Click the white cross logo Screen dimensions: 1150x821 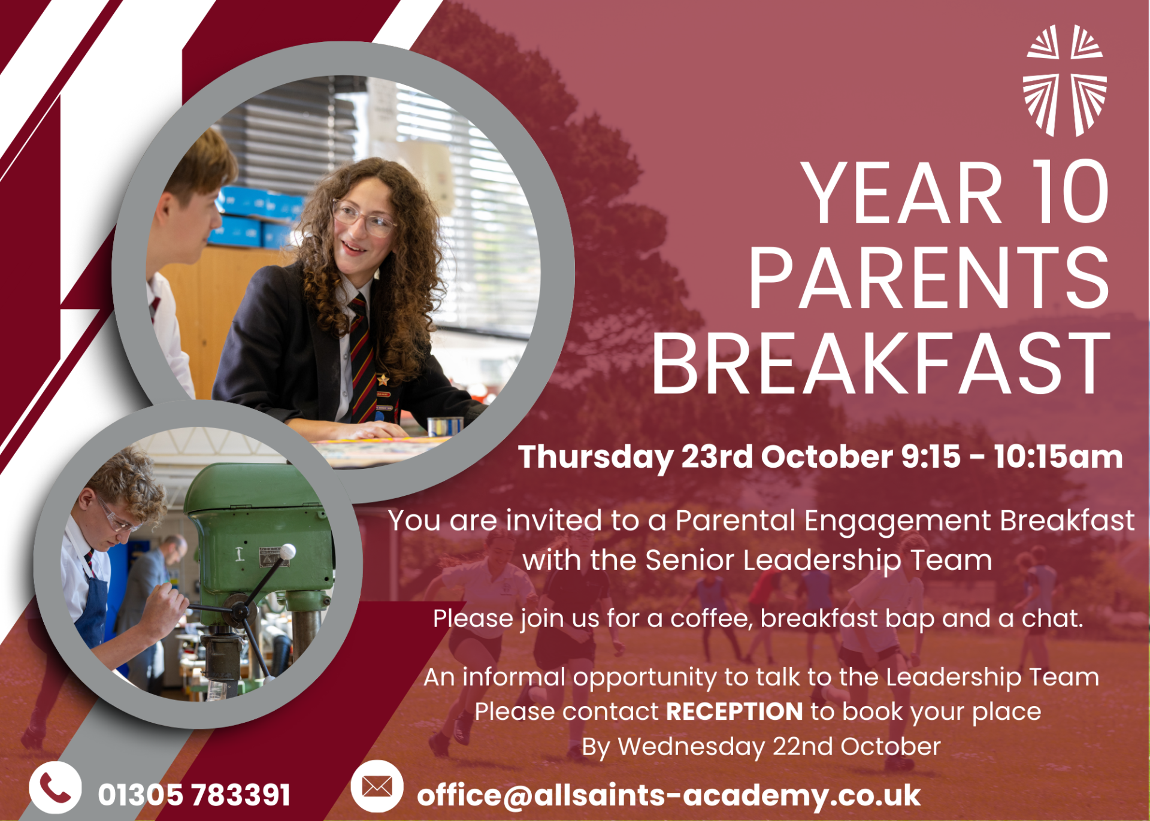[1064, 81]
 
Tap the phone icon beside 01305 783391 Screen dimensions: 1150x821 [55, 788]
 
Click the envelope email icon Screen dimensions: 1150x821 [377, 786]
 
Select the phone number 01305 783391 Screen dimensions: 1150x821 [194, 795]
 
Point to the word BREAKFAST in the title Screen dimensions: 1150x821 [881, 363]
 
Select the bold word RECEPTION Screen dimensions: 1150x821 [734, 711]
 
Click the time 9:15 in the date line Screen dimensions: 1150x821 [931, 456]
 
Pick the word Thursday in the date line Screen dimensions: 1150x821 [596, 458]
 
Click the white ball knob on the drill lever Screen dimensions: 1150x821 [288, 551]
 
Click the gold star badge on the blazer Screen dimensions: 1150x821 [382, 380]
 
